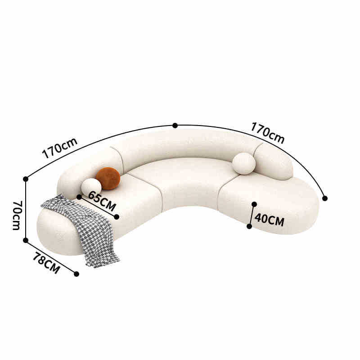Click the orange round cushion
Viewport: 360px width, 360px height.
[108, 178]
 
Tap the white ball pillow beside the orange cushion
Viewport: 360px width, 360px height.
[91, 187]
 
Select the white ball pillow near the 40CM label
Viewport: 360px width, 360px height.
[244, 163]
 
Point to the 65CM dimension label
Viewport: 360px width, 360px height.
[102, 201]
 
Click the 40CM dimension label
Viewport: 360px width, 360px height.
[269, 220]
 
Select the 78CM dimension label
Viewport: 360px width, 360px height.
[46, 263]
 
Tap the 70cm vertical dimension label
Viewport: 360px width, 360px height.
[16, 215]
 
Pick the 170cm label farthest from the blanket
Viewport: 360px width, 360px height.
[268, 133]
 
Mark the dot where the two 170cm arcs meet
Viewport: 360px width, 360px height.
[175, 126]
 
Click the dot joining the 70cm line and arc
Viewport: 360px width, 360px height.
[26, 179]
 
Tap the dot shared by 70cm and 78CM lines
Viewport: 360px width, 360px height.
[26, 240]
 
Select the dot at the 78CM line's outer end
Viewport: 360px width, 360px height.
[76, 274]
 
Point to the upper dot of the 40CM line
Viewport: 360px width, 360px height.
[254, 204]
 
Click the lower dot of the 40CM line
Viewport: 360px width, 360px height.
[249, 226]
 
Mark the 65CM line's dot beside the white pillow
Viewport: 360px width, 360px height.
[79, 197]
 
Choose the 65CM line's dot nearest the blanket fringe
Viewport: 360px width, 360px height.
[117, 217]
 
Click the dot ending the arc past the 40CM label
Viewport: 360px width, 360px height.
[325, 198]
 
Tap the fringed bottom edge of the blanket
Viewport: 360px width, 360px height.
[103, 263]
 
